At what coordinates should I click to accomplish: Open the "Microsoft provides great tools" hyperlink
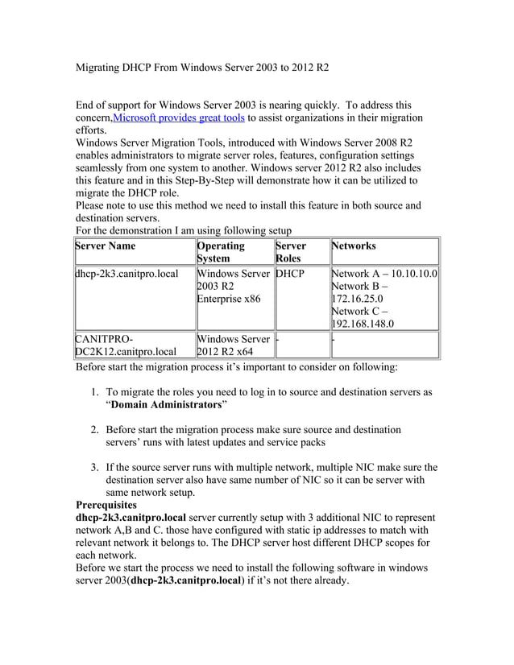[179, 118]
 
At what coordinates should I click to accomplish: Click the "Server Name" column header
[105, 246]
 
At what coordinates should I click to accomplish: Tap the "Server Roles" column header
[290, 252]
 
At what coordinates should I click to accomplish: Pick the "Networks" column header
[354, 246]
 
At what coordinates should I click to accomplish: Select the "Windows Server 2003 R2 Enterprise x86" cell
[232, 287]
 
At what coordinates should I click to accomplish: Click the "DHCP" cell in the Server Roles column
[289, 274]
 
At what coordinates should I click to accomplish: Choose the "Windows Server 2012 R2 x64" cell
[233, 345]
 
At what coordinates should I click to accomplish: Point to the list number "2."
[94, 430]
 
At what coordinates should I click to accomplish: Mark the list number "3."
[94, 467]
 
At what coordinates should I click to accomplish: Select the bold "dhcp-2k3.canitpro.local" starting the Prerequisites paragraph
[130, 518]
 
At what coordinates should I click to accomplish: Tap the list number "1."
[94, 392]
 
